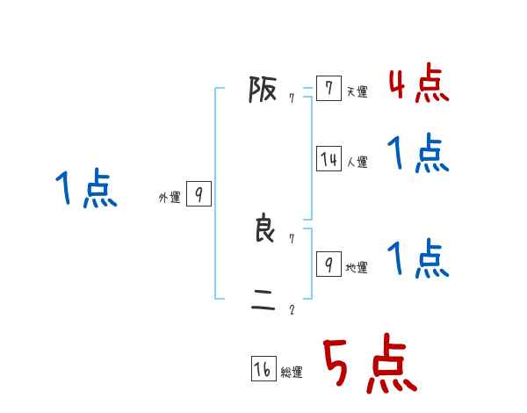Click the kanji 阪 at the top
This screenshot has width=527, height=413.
tap(263, 90)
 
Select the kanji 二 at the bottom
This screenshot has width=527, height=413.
tap(263, 305)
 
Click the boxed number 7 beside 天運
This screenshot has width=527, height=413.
tap(328, 89)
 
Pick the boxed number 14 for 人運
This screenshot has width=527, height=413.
tap(328, 159)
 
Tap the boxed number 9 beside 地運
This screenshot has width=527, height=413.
tap(328, 264)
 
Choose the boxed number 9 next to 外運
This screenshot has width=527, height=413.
tap(199, 194)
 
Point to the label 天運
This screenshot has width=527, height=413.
tap(357, 91)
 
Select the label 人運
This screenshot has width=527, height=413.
tap(357, 162)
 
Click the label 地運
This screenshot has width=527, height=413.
tap(357, 267)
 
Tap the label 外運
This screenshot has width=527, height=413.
tap(170, 198)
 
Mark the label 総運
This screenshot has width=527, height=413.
tap(292, 373)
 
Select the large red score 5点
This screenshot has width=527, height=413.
tap(370, 365)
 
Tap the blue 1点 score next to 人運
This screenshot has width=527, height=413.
tap(418, 155)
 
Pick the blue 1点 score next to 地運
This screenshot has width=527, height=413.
tap(418, 259)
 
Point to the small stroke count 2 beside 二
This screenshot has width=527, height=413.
tap(292, 309)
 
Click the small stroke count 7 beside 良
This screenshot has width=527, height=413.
tap(292, 238)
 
